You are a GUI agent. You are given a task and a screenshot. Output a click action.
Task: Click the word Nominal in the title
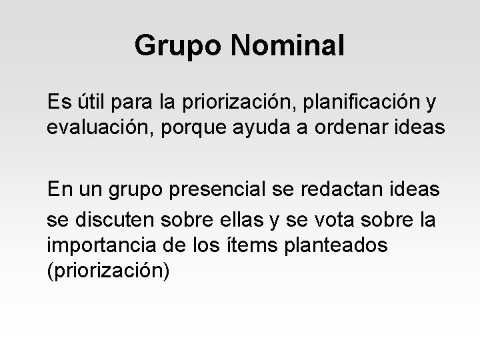(289, 46)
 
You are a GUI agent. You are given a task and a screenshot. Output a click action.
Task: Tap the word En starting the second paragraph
(59, 190)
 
